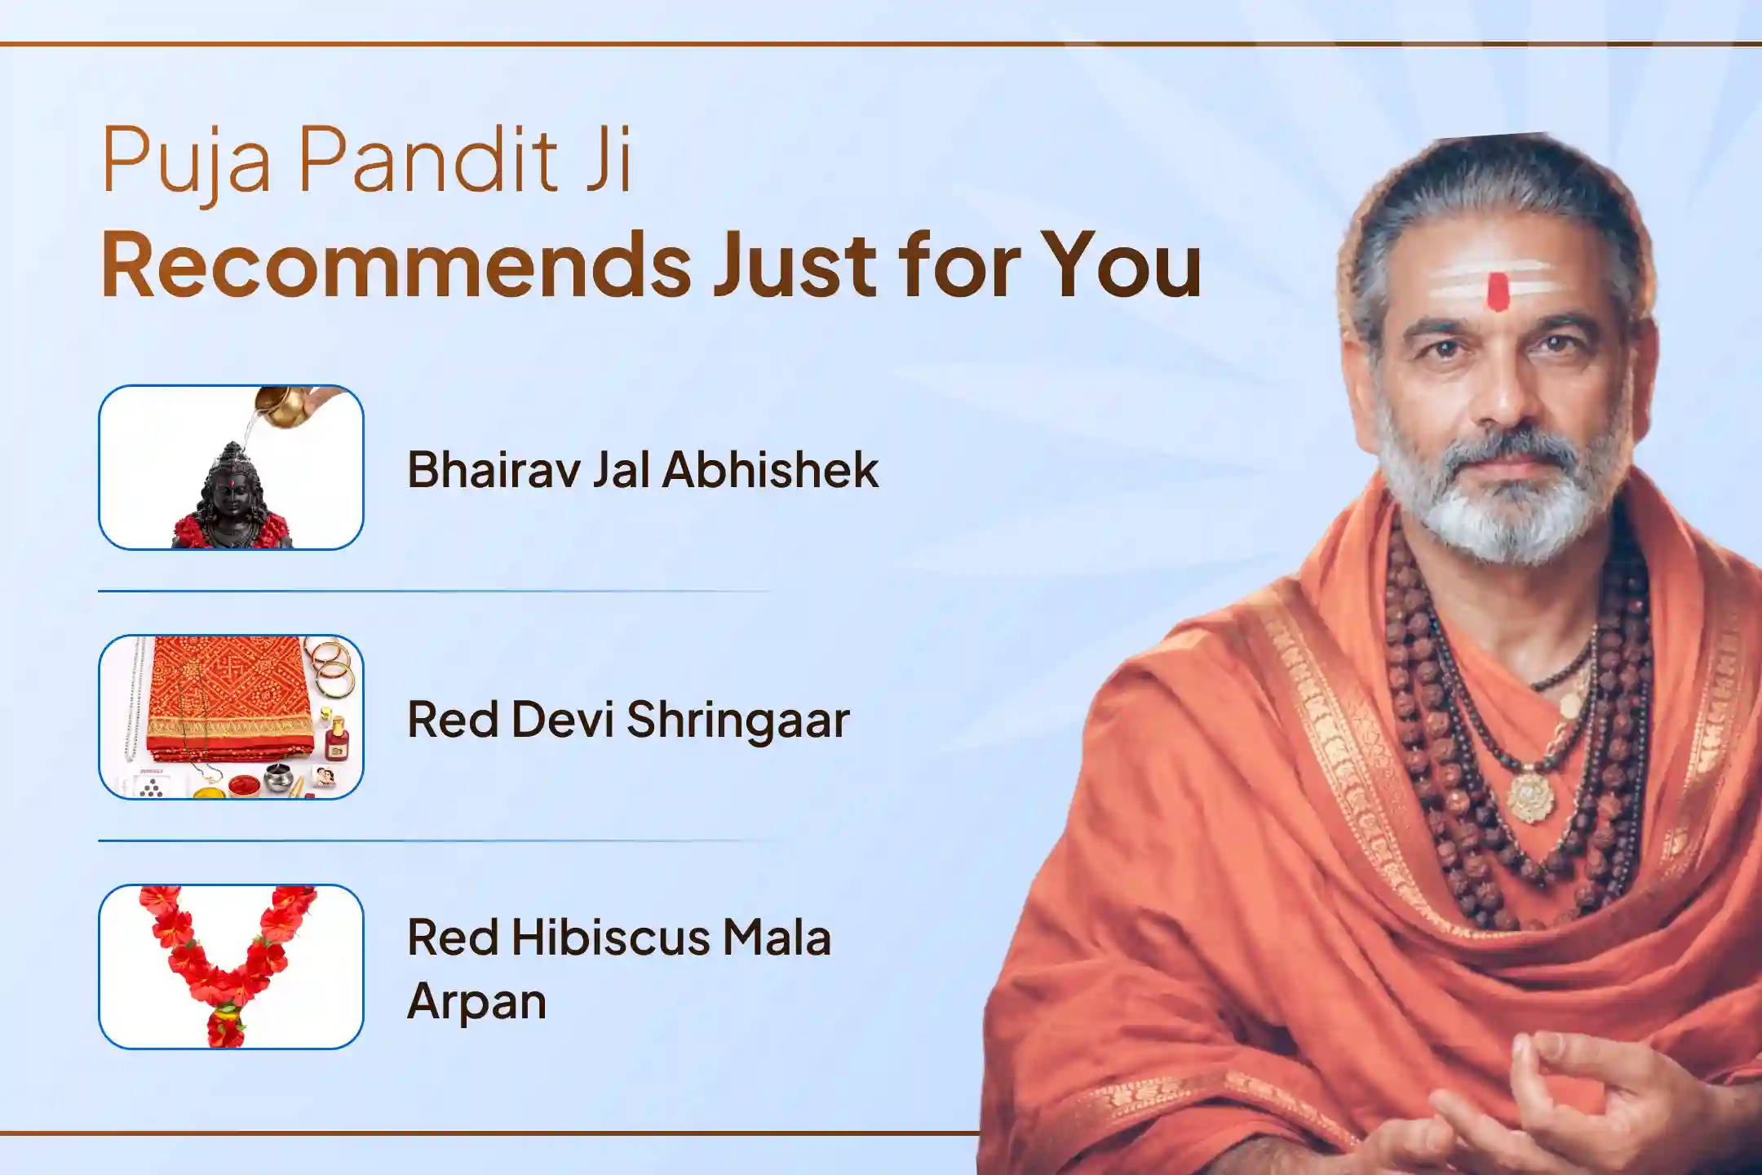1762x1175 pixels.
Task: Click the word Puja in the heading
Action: tap(185, 166)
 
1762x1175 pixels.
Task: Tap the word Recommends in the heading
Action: tap(396, 264)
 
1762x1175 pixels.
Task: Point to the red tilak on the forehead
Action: tap(1498, 292)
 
